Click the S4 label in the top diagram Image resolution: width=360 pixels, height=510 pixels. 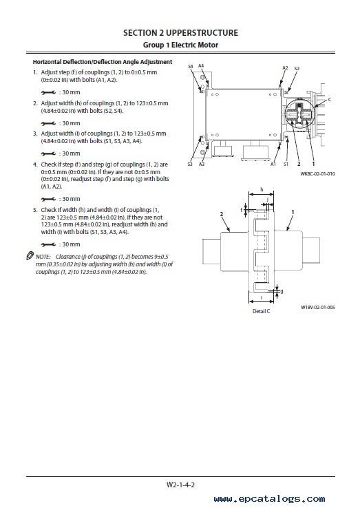tap(191, 66)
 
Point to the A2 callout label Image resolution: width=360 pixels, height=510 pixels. tap(285, 68)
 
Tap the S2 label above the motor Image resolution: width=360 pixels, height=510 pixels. tap(297, 69)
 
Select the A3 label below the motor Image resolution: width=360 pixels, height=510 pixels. tap(202, 164)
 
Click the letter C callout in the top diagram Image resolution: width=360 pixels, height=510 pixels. tap(330, 100)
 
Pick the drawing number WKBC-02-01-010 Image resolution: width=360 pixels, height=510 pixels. tap(317, 173)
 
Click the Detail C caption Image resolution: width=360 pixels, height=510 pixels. tap(261, 311)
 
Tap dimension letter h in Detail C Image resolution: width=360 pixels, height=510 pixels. tap(262, 189)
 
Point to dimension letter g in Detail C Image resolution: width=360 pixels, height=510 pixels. tap(282, 290)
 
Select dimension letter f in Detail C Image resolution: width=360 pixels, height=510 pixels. tap(242, 210)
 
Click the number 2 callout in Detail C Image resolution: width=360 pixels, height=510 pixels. tap(222, 214)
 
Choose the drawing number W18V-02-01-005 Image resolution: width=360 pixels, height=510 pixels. tap(318, 308)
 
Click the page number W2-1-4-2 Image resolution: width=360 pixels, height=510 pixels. tap(180, 485)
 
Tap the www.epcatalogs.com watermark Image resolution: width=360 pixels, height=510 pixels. tap(269, 498)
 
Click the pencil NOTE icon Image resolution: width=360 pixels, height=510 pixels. tap(30, 256)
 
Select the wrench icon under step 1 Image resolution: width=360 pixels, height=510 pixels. tap(48, 93)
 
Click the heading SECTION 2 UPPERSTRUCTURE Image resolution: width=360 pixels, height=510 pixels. tap(180, 33)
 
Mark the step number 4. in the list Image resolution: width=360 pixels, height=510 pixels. tap(35, 164)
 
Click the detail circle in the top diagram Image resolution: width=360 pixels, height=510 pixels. tap(300, 113)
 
